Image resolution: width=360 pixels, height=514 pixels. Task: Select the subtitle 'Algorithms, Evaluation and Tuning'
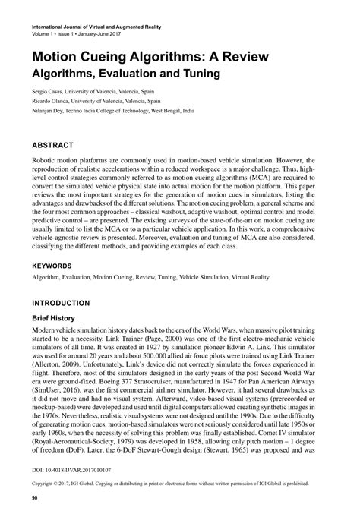pyautogui.click(x=125, y=74)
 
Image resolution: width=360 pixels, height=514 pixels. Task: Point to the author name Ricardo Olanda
pyautogui.click(x=52, y=100)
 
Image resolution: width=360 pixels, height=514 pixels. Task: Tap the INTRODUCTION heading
pyautogui.click(x=61, y=303)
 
